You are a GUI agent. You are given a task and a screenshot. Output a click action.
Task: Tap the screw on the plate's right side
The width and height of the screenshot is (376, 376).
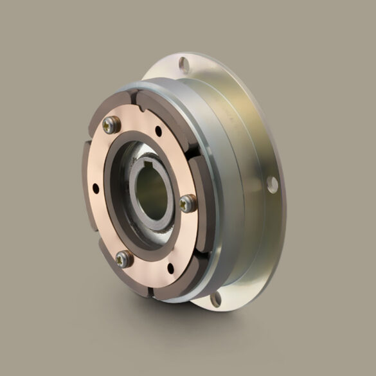187,204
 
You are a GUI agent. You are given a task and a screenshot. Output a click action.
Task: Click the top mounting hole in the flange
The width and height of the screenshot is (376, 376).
184,63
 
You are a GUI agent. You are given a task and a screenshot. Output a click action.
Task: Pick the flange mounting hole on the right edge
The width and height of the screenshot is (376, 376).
272,184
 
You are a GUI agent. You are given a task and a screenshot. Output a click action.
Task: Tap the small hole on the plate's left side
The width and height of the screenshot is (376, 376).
96,188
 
